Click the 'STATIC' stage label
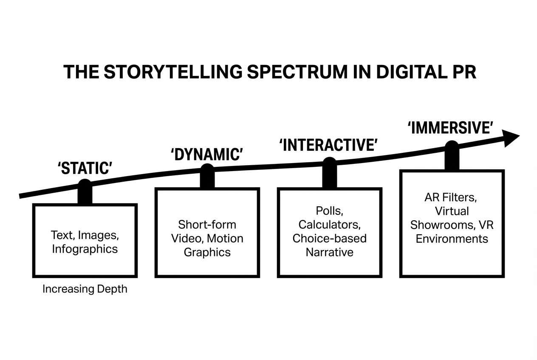85,169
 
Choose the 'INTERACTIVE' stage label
328,145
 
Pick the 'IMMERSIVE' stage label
451,128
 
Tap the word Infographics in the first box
85,249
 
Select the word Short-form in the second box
207,224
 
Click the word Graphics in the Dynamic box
207,252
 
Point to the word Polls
329,210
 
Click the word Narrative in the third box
329,252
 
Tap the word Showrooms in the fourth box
439,225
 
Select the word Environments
452,239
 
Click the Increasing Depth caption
85,290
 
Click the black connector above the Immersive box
452,157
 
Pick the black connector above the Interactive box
329,174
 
